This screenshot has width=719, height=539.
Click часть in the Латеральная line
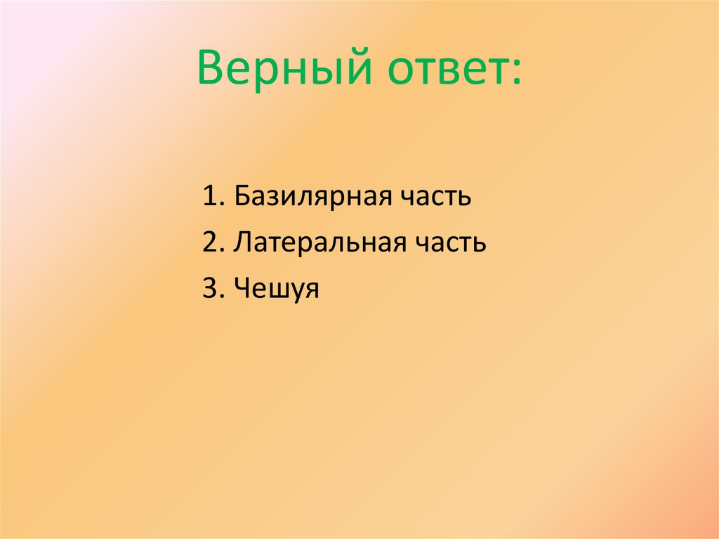coord(453,243)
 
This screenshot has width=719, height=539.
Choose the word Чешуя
coord(277,289)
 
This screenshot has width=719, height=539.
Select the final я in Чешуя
coord(312,291)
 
